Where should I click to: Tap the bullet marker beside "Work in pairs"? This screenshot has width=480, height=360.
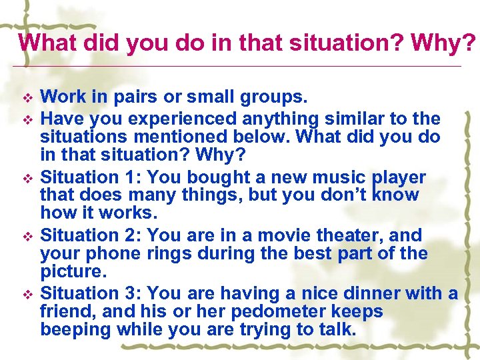tap(27, 98)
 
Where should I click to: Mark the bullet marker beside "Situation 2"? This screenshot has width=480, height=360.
tap(27, 237)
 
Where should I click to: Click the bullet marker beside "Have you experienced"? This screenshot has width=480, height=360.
tap(27, 120)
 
